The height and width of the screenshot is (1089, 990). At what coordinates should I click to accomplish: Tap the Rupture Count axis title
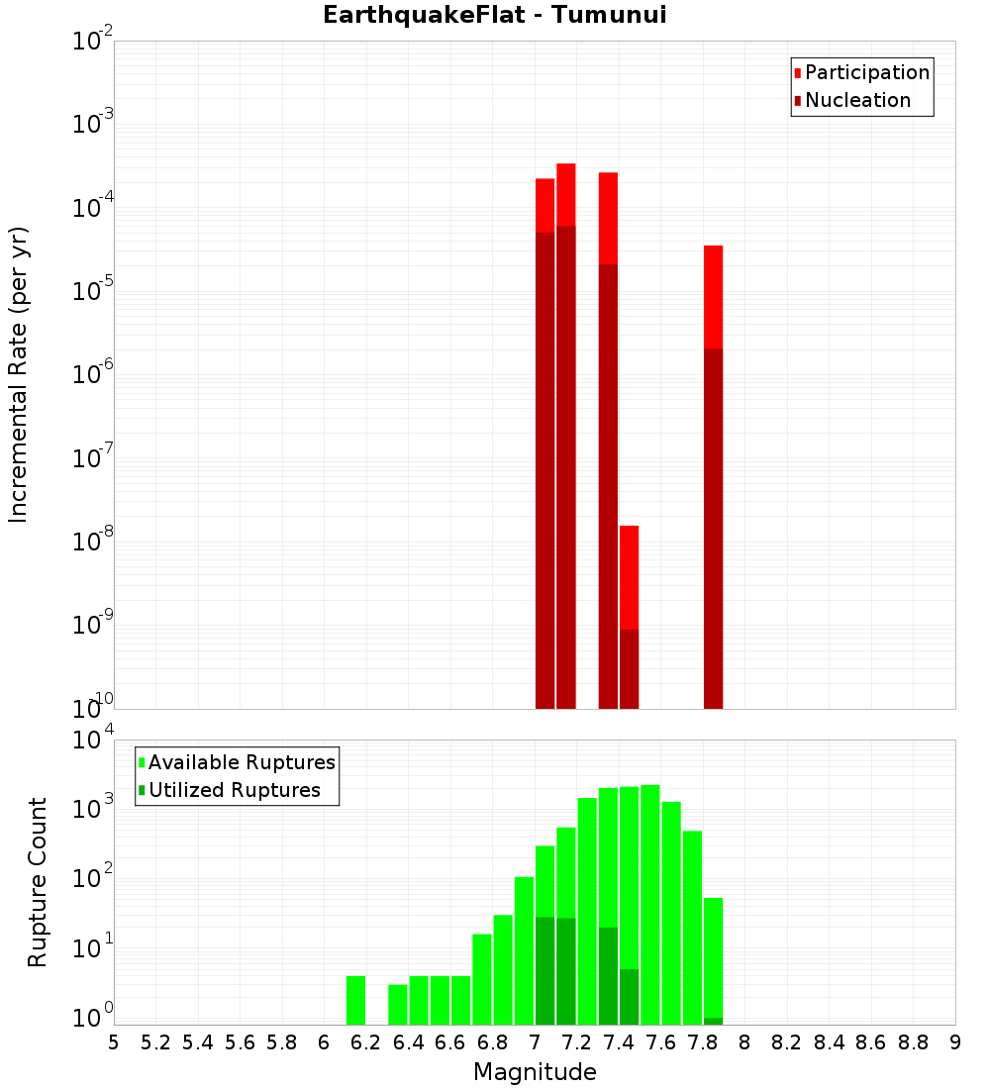[38, 882]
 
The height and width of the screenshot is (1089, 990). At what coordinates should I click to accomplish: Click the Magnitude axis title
[535, 1072]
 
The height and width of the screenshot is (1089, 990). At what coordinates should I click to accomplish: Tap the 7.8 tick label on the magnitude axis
[703, 1042]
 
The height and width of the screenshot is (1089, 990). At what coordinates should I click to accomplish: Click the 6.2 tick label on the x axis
[366, 1042]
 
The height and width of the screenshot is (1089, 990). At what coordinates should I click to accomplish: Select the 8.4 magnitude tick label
[830, 1042]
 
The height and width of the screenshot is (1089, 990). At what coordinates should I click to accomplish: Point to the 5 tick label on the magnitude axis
[114, 1042]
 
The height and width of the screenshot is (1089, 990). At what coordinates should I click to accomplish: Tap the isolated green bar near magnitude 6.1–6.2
[356, 1000]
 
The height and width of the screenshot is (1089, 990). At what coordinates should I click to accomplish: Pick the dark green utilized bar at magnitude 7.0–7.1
[544, 970]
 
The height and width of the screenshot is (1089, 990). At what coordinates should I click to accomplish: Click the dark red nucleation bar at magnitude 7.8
[714, 525]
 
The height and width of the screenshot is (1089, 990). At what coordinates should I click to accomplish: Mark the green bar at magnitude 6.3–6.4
[398, 1004]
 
